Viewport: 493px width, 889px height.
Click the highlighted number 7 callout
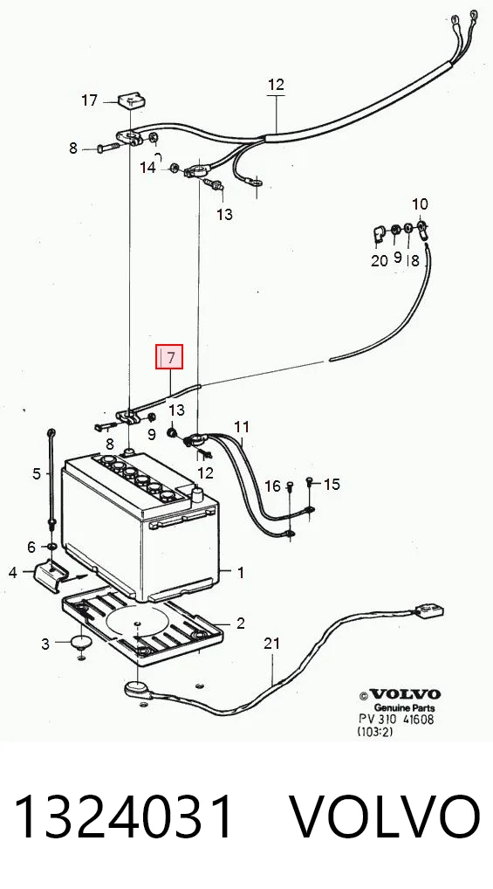169,356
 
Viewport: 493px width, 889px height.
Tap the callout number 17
90,101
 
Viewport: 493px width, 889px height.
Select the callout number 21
272,644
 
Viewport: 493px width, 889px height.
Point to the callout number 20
379,260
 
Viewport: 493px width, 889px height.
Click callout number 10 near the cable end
420,204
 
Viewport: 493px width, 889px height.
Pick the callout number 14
148,168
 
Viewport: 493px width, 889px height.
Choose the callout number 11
242,426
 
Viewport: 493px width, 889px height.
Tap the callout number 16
272,486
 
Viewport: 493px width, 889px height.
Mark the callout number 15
332,484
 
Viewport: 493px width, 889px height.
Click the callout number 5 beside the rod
37,473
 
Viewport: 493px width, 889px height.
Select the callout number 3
45,644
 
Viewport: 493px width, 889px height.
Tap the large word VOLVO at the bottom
386,817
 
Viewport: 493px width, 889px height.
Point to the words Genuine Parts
404,708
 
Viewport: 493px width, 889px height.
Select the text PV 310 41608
396,720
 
